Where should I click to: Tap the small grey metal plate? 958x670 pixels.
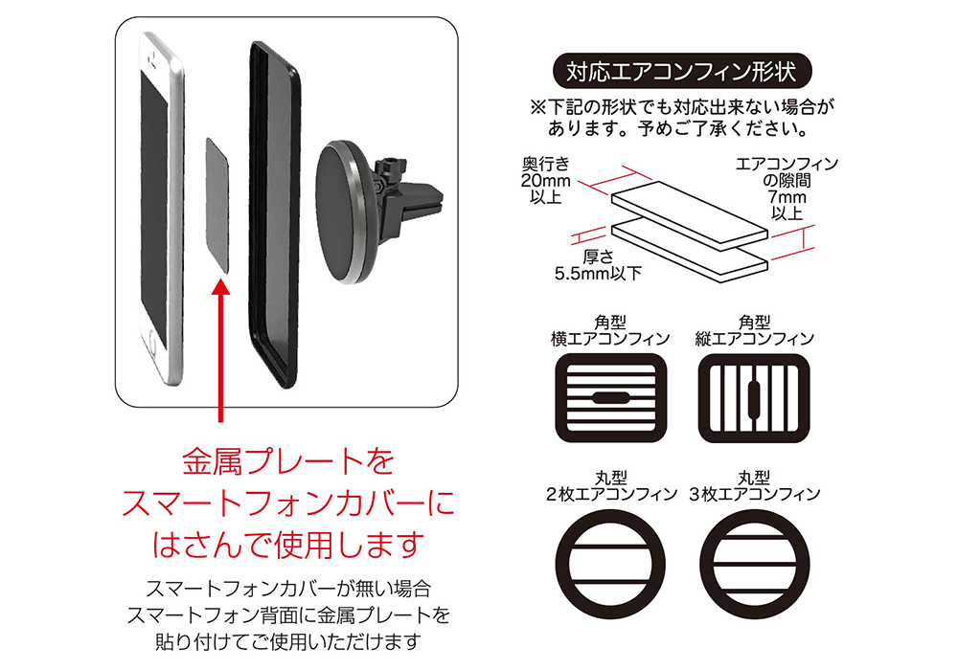point(217,206)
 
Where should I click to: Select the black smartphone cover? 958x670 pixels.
point(274,213)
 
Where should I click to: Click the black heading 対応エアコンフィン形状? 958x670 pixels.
point(681,72)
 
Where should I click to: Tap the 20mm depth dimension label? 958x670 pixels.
point(545,181)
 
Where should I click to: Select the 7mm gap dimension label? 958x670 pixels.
point(787,189)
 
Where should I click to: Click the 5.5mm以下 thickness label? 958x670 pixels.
point(598,265)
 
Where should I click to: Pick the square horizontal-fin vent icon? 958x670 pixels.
point(610,398)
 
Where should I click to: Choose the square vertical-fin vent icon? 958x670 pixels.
point(753,398)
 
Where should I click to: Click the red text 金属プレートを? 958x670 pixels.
point(288,462)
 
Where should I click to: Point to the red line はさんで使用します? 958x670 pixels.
point(288,545)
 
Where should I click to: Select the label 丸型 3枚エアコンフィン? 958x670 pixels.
point(755,486)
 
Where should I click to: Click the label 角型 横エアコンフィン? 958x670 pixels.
point(610,331)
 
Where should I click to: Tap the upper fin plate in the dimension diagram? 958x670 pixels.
point(690,215)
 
